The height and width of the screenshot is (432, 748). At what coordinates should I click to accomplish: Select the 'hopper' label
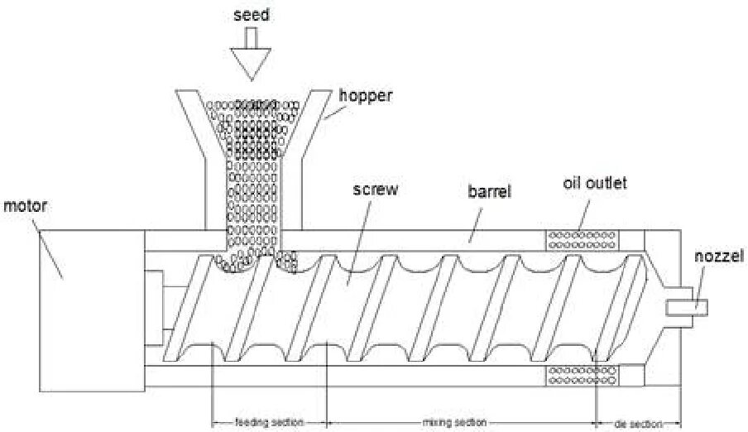tap(366, 95)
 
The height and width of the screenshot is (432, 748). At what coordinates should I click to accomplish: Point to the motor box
tap(91, 331)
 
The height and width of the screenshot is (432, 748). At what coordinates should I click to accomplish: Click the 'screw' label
tap(375, 190)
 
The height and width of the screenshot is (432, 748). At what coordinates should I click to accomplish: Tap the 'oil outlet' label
tap(594, 183)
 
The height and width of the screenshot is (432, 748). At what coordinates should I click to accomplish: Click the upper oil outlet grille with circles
tap(582, 240)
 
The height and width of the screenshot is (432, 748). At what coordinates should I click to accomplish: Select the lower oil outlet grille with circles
tap(582, 375)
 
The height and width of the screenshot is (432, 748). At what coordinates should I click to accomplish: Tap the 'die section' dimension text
tap(638, 422)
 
